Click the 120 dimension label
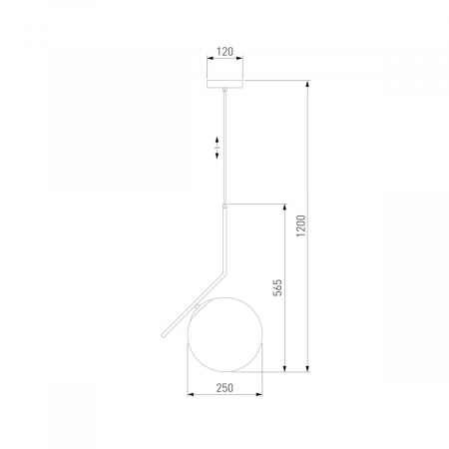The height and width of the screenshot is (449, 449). [x=224, y=52]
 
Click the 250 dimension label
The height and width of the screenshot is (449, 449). [x=224, y=388]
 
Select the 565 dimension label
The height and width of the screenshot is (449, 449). [x=277, y=287]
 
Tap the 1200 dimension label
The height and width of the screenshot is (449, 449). [x=301, y=225]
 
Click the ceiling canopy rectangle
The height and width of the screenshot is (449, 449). [x=224, y=84]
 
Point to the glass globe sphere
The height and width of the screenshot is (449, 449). [x=224, y=334]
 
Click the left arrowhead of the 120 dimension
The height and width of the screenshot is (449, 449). [x=211, y=58]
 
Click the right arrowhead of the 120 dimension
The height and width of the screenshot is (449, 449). [x=239, y=58]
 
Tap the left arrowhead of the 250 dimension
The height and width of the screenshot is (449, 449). [x=191, y=395]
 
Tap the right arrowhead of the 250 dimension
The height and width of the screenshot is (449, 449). [x=259, y=395]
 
